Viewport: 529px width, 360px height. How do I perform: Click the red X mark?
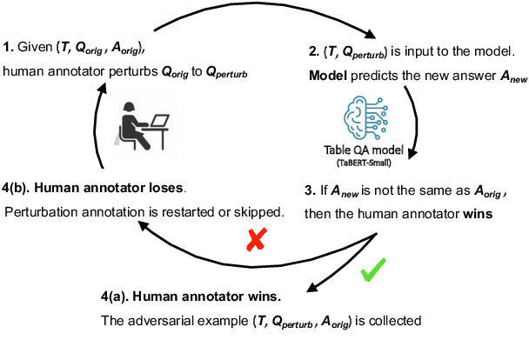255,241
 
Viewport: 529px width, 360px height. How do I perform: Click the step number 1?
7,47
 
